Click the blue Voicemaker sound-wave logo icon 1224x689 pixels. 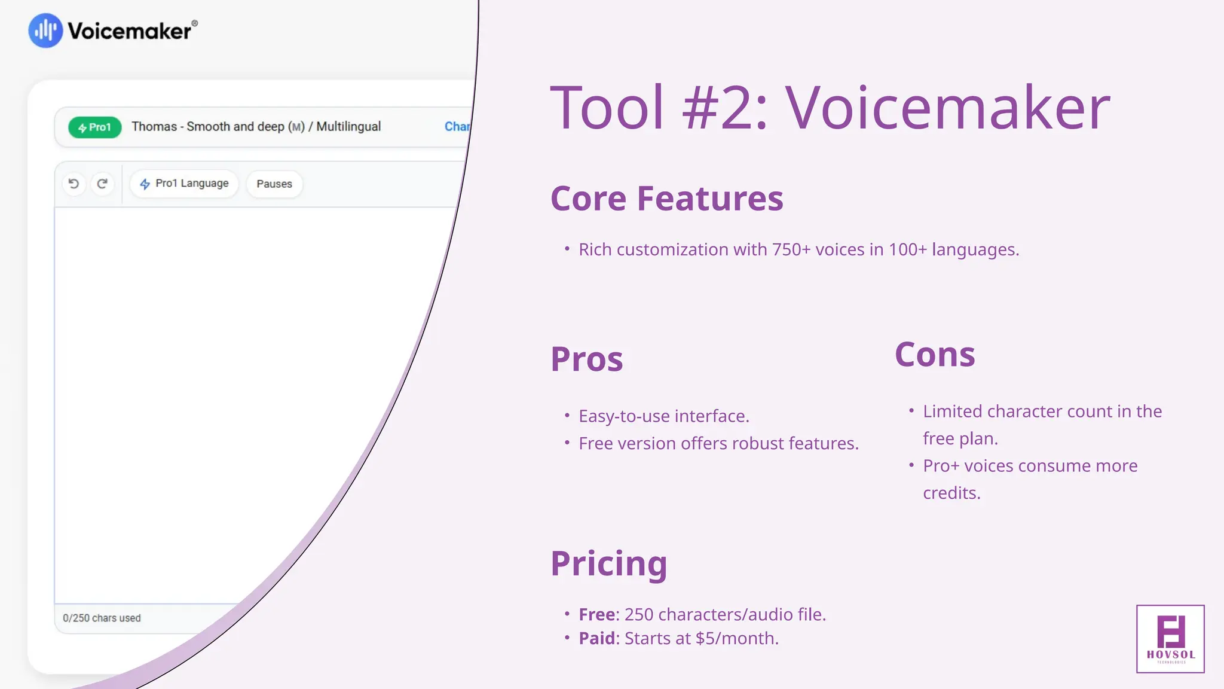(45, 31)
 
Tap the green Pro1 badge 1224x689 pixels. (94, 127)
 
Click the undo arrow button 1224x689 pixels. (74, 184)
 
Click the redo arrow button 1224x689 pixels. (102, 184)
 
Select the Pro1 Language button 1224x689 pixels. (184, 184)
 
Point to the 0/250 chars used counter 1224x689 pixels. (102, 618)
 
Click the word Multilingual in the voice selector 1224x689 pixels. (348, 127)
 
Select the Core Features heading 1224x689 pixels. (666, 199)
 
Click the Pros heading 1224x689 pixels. (586, 359)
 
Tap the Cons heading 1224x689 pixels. (935, 355)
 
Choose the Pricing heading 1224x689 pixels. (608, 563)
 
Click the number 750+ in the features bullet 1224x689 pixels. (791, 249)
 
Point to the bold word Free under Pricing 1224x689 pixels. (596, 614)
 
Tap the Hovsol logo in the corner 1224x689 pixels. (1170, 639)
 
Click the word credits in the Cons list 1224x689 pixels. (951, 493)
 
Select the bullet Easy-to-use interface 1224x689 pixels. (663, 416)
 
